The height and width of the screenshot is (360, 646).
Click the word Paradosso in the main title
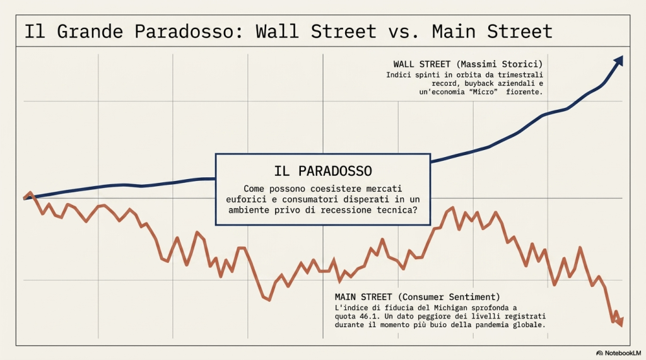(x=179, y=32)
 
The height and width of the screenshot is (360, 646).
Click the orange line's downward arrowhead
(x=620, y=323)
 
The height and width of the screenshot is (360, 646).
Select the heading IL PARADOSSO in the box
(x=323, y=171)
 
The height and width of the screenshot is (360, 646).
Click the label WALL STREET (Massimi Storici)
(x=467, y=64)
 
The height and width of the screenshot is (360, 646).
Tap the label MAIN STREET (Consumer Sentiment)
(x=418, y=297)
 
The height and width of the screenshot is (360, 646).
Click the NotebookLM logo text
(x=621, y=352)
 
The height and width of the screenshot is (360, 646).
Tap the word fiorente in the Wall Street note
(x=524, y=92)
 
